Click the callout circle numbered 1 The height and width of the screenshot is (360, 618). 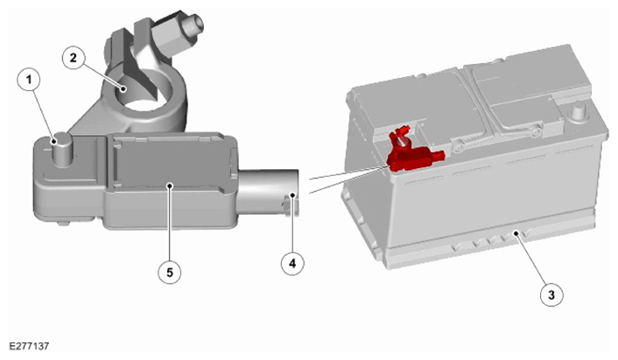pyautogui.click(x=29, y=81)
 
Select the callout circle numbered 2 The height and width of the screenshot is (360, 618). pyautogui.click(x=74, y=58)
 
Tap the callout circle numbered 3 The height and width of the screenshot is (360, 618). pyautogui.click(x=551, y=294)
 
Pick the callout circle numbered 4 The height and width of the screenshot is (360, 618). pyautogui.click(x=292, y=263)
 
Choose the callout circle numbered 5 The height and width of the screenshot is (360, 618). pyautogui.click(x=170, y=272)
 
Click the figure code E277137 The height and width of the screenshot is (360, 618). pyautogui.click(x=29, y=347)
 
